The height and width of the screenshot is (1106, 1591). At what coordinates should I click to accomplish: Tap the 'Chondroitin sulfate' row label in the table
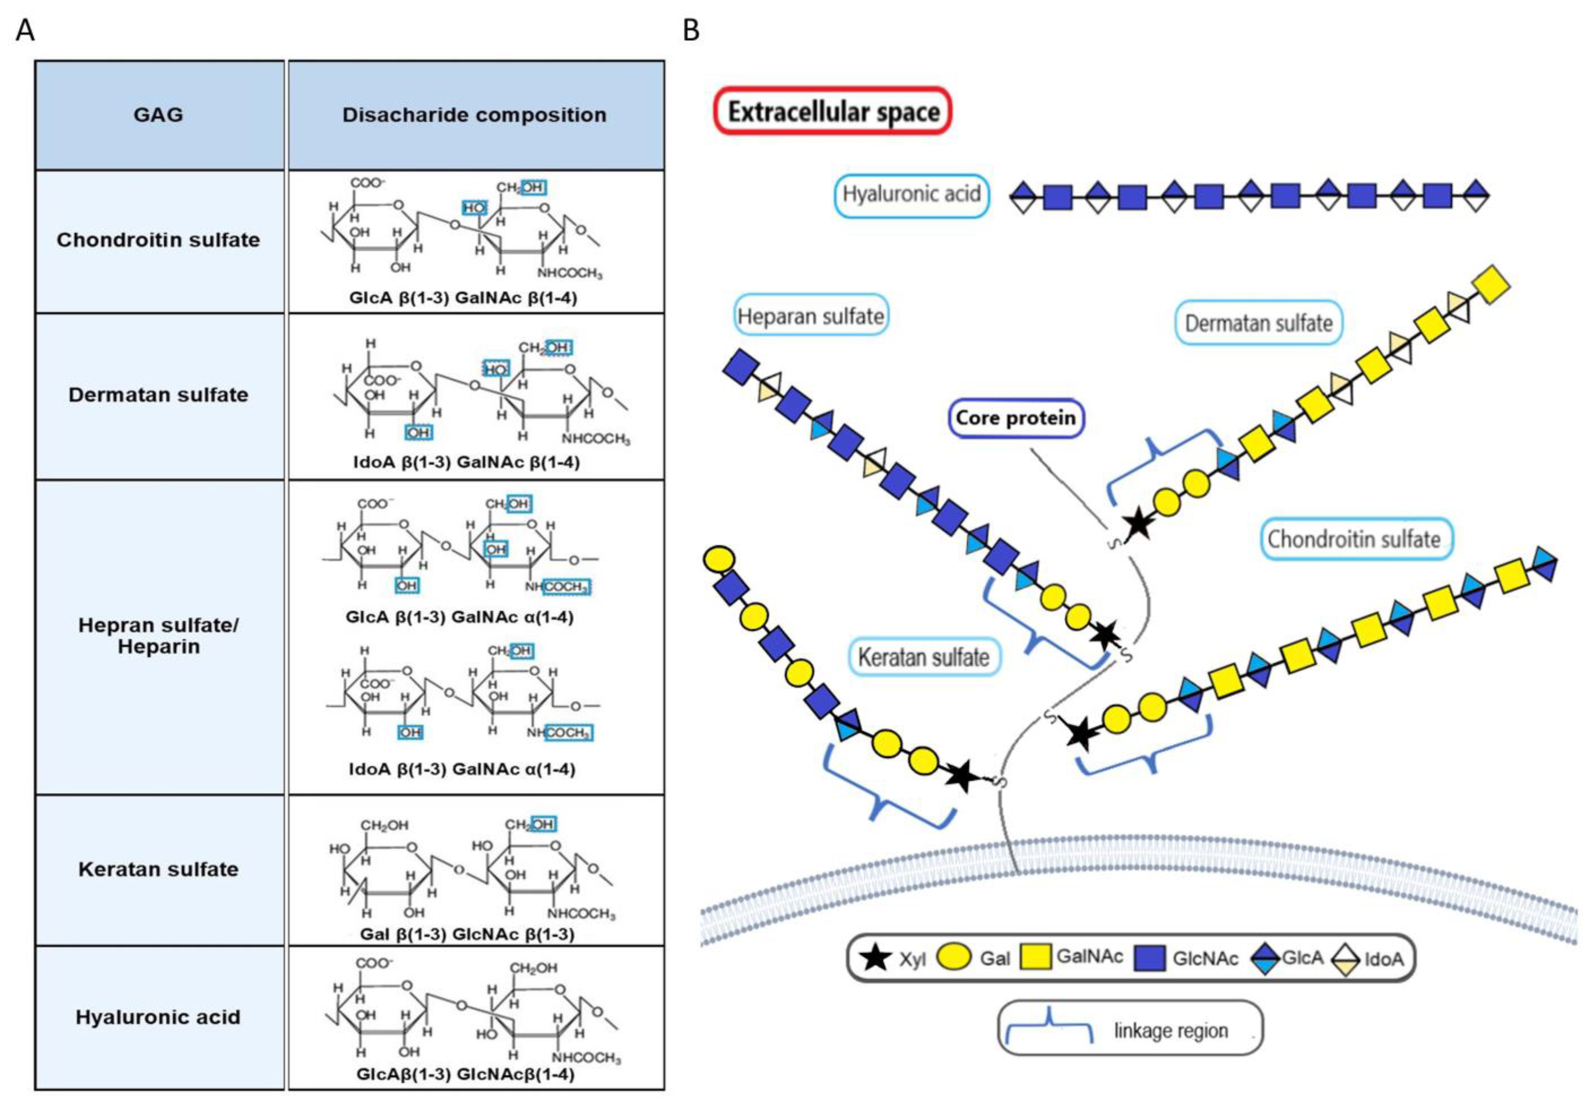click(x=159, y=240)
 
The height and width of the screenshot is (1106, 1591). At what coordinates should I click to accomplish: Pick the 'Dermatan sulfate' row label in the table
click(x=159, y=395)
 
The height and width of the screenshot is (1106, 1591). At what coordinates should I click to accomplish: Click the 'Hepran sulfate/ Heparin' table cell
click(x=159, y=635)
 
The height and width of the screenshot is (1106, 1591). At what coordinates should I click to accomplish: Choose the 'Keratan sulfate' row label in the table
click(x=159, y=869)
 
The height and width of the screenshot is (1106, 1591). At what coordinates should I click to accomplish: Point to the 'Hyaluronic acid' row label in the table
click(x=159, y=1017)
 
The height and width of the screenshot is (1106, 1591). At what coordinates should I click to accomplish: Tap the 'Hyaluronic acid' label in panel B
click(x=911, y=194)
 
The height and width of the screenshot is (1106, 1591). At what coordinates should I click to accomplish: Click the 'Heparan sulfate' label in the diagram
click(x=811, y=317)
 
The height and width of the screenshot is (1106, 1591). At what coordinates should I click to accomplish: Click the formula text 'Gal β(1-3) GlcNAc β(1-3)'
click(x=467, y=934)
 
